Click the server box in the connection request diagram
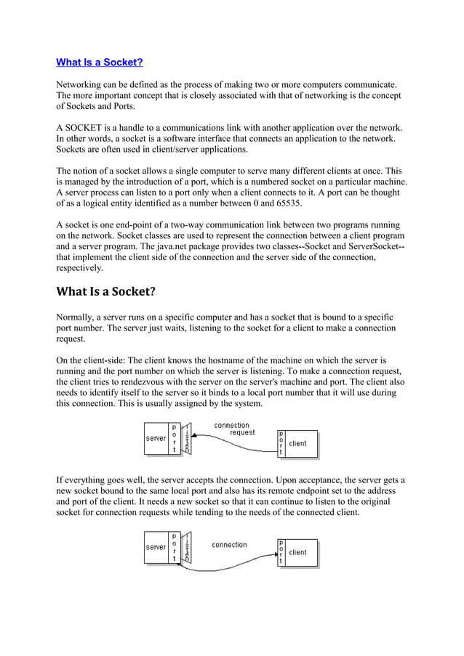point(156,439)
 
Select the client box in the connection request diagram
point(298,443)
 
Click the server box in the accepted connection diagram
point(156,547)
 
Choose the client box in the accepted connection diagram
point(298,552)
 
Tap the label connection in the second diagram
point(229,544)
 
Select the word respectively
point(79,268)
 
